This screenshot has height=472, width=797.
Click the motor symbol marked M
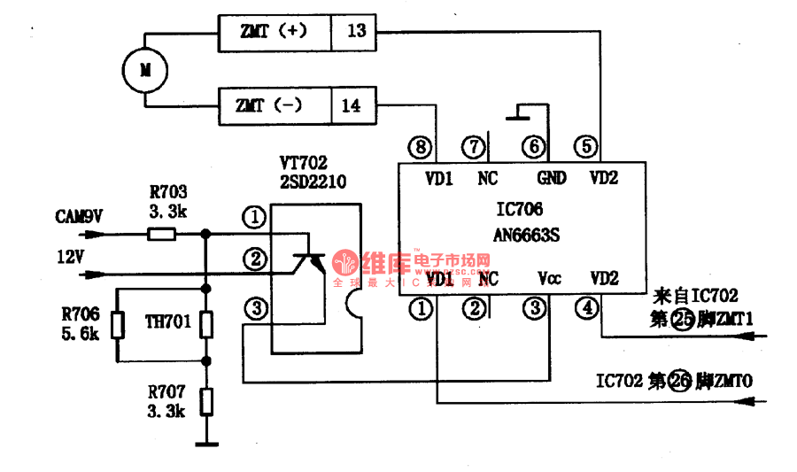(x=138, y=68)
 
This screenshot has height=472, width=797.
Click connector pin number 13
(x=356, y=31)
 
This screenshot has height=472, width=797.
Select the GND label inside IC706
(x=551, y=178)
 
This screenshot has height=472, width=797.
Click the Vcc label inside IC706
(x=549, y=279)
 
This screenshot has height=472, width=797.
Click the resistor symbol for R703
(x=161, y=235)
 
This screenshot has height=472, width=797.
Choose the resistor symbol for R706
(x=117, y=325)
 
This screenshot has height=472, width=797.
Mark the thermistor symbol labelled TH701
(x=205, y=325)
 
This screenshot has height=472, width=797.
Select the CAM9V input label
(x=79, y=216)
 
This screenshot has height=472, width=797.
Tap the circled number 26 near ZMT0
(x=680, y=382)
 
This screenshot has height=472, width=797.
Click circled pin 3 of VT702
(x=255, y=309)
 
